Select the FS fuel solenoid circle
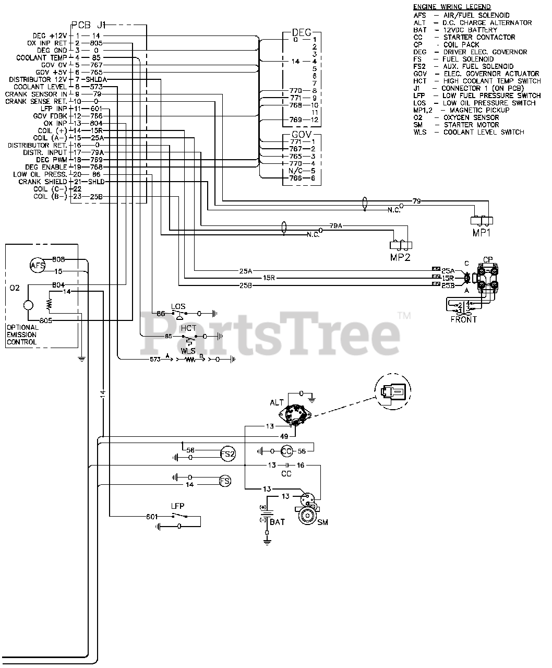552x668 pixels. tap(224, 481)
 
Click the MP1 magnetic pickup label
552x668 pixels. tap(482, 233)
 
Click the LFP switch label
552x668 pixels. tap(177, 506)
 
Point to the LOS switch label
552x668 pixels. tap(178, 306)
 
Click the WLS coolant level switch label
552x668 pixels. tap(188, 351)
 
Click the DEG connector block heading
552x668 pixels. tap(302, 32)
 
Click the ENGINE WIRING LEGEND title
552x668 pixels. tap(452, 7)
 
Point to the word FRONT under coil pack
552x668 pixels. tap(464, 319)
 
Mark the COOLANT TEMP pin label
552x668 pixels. tap(41, 57)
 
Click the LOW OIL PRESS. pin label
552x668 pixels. tap(40, 174)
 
